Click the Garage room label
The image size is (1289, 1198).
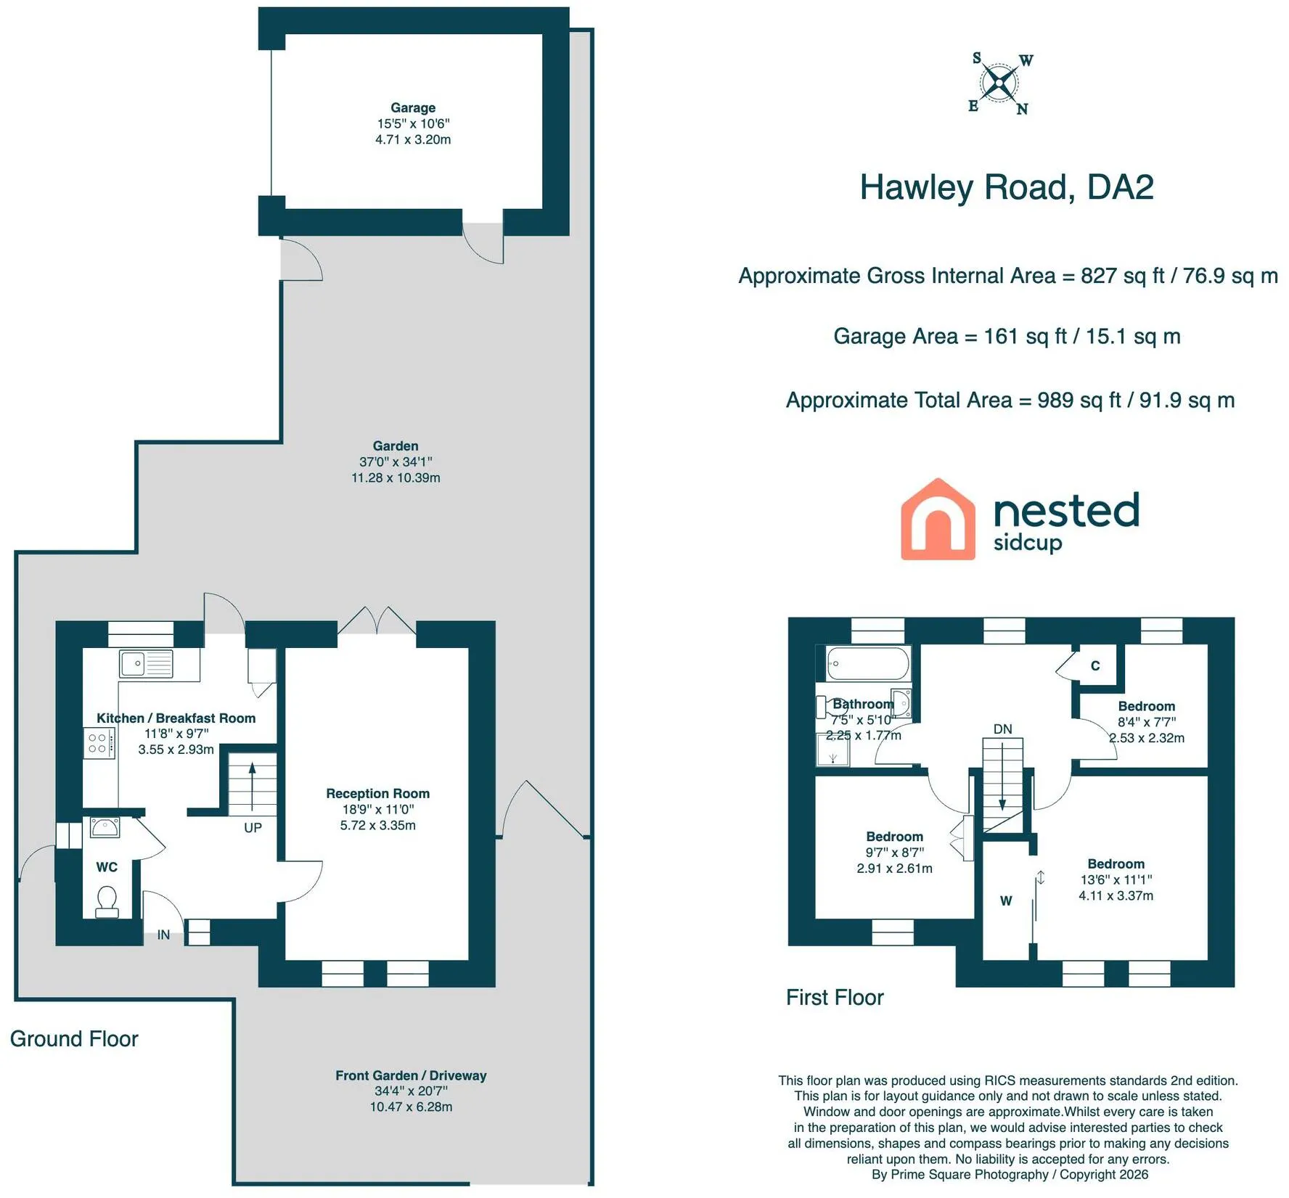413,108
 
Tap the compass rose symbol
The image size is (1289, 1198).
1000,83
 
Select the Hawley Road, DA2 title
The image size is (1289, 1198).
1006,187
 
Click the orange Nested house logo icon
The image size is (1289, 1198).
938,519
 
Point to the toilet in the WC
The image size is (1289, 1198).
107,901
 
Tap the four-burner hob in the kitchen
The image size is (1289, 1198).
98,743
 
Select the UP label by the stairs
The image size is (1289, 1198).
253,828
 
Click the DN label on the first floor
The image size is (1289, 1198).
1002,729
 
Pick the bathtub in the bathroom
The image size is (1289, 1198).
867,663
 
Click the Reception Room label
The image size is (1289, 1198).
377,794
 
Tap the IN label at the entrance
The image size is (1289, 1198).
164,935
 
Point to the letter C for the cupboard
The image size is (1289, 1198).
1095,665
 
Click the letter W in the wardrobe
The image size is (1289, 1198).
1006,901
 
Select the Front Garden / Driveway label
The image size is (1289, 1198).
411,1075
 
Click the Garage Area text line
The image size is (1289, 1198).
1007,337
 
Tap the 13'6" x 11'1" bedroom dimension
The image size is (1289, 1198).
1116,879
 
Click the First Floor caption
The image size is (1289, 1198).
835,998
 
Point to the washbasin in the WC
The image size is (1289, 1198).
105,827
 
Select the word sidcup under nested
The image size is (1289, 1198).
1028,543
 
